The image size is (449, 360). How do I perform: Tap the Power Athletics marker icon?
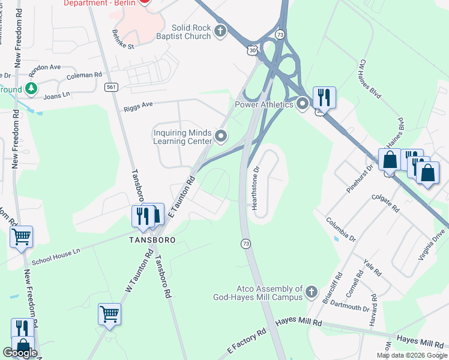(302, 104)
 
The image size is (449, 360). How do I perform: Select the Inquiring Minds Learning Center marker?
(221, 137)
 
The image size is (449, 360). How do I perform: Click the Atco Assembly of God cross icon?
(311, 292)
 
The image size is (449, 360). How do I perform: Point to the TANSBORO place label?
(153, 239)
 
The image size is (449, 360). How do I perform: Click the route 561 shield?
(110, 87)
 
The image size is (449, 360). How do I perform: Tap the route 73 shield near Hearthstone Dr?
(246, 243)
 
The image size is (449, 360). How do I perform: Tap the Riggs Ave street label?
(139, 106)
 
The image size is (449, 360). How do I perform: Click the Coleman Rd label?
(85, 76)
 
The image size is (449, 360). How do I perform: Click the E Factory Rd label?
(247, 340)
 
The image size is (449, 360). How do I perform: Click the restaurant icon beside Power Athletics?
(324, 97)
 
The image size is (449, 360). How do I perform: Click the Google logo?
(19, 353)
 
